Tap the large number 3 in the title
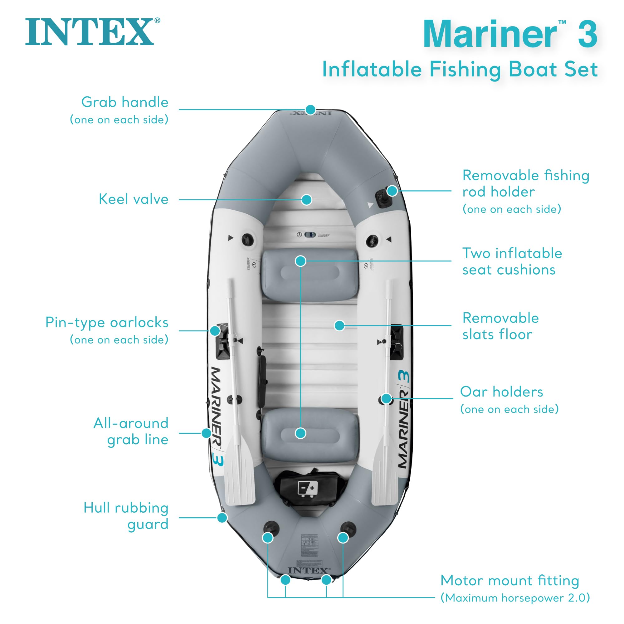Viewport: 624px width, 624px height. [587, 34]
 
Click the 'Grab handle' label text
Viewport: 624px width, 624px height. [125, 102]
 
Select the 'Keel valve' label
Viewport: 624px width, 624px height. [134, 199]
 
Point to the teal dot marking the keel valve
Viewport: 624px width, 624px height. [306, 200]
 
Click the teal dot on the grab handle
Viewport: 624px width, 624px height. [310, 110]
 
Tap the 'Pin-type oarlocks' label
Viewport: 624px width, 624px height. [107, 323]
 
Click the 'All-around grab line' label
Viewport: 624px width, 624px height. [131, 431]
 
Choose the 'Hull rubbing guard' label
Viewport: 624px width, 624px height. [126, 516]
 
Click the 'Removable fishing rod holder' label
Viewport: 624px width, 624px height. [525, 183]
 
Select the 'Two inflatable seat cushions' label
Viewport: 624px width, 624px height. [512, 261]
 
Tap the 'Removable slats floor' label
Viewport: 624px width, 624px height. [500, 326]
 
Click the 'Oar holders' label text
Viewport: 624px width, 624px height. [501, 392]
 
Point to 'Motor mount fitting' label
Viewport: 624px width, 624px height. [509, 581]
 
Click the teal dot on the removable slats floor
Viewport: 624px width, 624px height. [339, 325]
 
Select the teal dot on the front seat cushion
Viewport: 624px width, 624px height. [301, 261]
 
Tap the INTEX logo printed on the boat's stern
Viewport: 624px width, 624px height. [309, 571]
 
